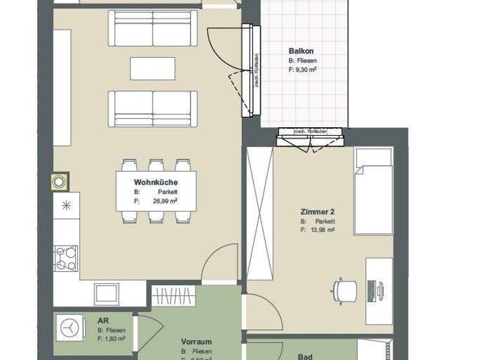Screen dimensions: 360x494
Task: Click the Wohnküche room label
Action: click(x=156, y=183)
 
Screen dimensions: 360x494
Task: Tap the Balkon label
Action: click(x=301, y=51)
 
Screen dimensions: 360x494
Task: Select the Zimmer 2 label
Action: click(x=317, y=212)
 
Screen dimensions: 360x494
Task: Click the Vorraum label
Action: click(x=196, y=343)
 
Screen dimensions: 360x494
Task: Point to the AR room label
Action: click(x=102, y=321)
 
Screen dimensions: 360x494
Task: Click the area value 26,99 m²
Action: click(x=165, y=201)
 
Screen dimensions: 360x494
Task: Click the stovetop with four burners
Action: click(x=66, y=259)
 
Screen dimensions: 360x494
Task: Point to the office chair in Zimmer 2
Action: click(x=345, y=290)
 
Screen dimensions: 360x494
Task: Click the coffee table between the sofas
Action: click(x=152, y=68)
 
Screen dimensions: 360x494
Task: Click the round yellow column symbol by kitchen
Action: click(x=59, y=181)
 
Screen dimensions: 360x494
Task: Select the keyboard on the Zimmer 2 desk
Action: click(x=372, y=291)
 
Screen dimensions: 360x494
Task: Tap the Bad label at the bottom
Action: click(x=306, y=356)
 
